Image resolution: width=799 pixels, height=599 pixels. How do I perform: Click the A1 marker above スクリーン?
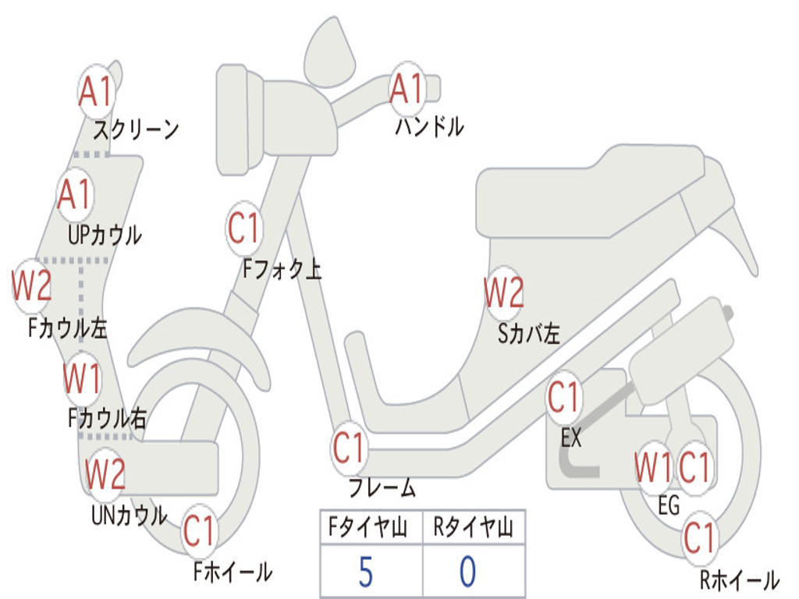[x=96, y=91]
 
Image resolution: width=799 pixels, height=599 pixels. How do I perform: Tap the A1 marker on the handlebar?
[x=407, y=88]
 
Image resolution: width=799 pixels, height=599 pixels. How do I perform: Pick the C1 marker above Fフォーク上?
[x=244, y=229]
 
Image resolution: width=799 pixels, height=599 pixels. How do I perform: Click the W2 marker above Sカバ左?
[x=504, y=292]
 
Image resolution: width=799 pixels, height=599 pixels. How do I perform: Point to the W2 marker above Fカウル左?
[x=31, y=286]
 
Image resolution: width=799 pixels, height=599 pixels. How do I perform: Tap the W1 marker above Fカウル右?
[x=82, y=378]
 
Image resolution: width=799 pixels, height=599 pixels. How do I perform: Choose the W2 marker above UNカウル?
[x=105, y=473]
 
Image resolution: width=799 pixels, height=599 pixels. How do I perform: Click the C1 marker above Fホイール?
[x=199, y=530]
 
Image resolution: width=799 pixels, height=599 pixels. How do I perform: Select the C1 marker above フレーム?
[x=349, y=448]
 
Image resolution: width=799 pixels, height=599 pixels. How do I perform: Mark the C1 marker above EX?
[x=563, y=397]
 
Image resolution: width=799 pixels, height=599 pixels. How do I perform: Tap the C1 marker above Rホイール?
[x=700, y=538]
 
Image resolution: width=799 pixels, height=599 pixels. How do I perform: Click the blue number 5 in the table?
[x=365, y=572]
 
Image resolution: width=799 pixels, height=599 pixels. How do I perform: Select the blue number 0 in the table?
[x=468, y=572]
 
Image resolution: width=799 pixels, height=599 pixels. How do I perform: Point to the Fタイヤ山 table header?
[x=368, y=526]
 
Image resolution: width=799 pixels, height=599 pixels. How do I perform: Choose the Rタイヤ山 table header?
[x=474, y=526]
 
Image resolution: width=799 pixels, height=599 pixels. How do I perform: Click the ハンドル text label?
[x=430, y=126]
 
